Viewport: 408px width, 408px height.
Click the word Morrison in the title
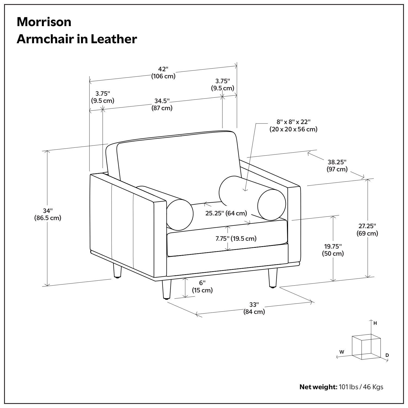pyautogui.click(x=44, y=22)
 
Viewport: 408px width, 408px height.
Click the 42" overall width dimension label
pyautogui.click(x=163, y=73)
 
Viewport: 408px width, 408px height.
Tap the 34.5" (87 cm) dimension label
pyautogui.click(x=162, y=104)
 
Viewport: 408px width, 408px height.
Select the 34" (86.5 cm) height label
pyautogui.click(x=48, y=214)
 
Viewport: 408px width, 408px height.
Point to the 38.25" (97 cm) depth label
pyautogui.click(x=337, y=166)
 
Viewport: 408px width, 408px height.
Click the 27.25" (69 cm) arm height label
pyautogui.click(x=367, y=230)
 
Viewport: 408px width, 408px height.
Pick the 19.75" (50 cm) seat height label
pyautogui.click(x=333, y=250)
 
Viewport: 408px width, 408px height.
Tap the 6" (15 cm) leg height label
pyautogui.click(x=202, y=287)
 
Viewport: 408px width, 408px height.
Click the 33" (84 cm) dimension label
pyautogui.click(x=254, y=308)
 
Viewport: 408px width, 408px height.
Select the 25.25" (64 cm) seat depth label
pyautogui.click(x=226, y=213)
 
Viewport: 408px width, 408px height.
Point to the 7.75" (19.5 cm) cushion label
pyautogui.click(x=236, y=239)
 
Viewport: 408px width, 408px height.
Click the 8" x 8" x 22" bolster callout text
pyautogui.click(x=293, y=125)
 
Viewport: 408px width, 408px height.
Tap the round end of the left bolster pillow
pyautogui.click(x=180, y=214)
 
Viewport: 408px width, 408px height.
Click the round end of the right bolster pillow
pyautogui.click(x=271, y=205)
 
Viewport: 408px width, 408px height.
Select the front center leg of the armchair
pyautogui.click(x=166, y=290)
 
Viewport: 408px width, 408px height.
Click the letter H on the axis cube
pyautogui.click(x=375, y=323)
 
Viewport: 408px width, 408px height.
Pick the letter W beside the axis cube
pyautogui.click(x=342, y=352)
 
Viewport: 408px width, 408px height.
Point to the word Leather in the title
pyautogui.click(x=114, y=39)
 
